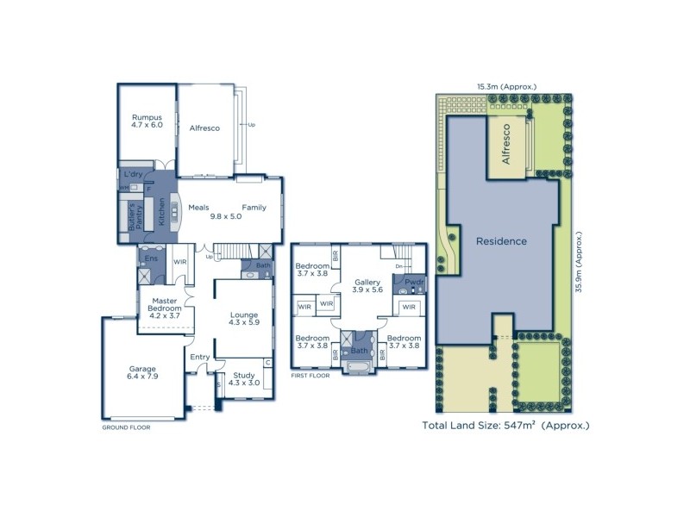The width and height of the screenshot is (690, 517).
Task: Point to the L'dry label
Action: click(x=132, y=173)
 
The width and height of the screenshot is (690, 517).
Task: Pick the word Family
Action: click(x=254, y=208)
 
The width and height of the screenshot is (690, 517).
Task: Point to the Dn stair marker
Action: click(x=398, y=266)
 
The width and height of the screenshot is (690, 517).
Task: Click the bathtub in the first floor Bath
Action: click(x=360, y=369)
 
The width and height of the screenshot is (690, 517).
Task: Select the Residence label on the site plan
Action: click(x=501, y=241)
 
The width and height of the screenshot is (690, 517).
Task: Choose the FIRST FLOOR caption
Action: click(x=312, y=377)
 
